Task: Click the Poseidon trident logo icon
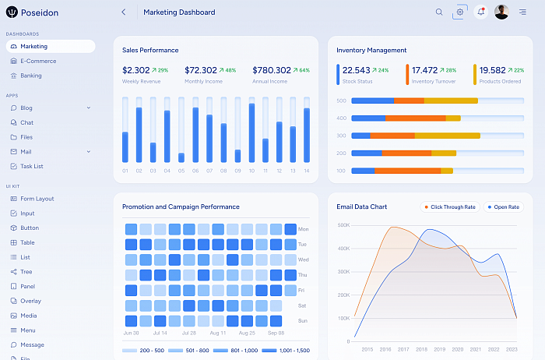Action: coord(12,12)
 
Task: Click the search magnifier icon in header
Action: coord(439,12)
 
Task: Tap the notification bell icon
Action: coord(480,12)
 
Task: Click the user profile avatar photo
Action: coord(501,12)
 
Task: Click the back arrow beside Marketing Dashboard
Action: coord(123,12)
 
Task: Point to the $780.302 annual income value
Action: coord(272,70)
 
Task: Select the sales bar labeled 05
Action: coord(181,157)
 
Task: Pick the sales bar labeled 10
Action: coord(251,133)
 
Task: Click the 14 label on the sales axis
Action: coord(307,171)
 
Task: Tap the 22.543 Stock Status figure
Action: coord(357,70)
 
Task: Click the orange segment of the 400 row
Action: coord(415,118)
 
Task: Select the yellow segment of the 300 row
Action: coord(448,136)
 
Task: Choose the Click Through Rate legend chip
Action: coord(450,207)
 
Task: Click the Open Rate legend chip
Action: coord(503,207)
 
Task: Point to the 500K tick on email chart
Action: coord(343,225)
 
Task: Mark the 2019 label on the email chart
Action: coord(439,349)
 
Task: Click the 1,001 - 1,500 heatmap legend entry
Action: coord(286,351)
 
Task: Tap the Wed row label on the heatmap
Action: coord(303,259)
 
